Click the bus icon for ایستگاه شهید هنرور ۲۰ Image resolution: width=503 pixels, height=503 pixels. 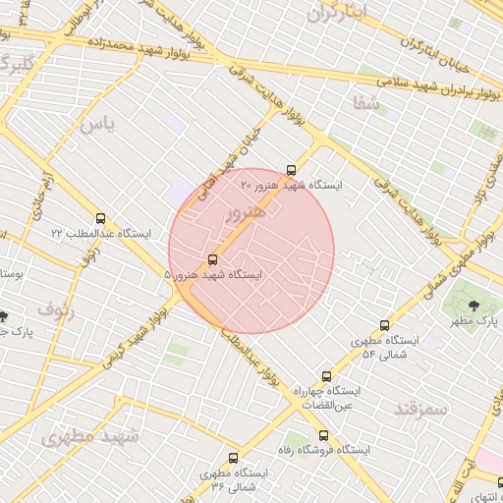290,170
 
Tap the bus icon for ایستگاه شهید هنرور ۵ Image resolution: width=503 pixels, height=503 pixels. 212,260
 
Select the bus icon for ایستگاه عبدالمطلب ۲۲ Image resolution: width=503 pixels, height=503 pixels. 101,218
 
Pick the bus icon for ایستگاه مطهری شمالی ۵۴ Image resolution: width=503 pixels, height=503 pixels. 384,326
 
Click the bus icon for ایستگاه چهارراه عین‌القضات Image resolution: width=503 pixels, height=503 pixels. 327,376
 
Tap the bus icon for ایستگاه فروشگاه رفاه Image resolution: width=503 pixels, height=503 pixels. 323,435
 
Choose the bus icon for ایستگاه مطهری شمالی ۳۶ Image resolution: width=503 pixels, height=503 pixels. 233,458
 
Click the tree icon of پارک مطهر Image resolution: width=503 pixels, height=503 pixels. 475,305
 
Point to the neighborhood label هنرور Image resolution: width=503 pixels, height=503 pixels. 246,212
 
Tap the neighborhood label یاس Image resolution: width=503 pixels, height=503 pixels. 97,125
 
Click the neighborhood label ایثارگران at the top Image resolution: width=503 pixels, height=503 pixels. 335,13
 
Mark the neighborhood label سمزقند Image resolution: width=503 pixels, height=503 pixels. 420,408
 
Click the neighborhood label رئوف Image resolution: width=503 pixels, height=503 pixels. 57,311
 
